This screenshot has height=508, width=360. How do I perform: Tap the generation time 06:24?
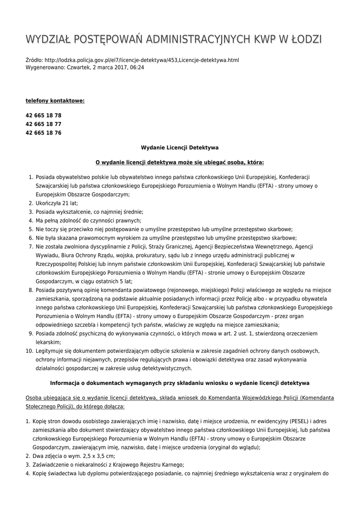pyautogui.click(x=137, y=67)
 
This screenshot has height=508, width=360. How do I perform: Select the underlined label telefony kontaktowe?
pyautogui.click(x=55, y=101)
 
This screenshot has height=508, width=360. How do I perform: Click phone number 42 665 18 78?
pyautogui.click(x=44, y=115)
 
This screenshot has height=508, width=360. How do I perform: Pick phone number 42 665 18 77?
pyautogui.click(x=44, y=124)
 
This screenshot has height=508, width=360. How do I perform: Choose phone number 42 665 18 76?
pyautogui.click(x=44, y=133)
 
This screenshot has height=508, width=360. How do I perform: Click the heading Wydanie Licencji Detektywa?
pyautogui.click(x=180, y=147)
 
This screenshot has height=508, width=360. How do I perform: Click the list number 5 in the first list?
pyautogui.click(x=30, y=229)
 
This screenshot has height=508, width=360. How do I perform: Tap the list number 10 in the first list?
pyautogui.click(x=29, y=351)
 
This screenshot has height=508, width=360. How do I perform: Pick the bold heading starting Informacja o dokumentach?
pyautogui.click(x=180, y=383)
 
